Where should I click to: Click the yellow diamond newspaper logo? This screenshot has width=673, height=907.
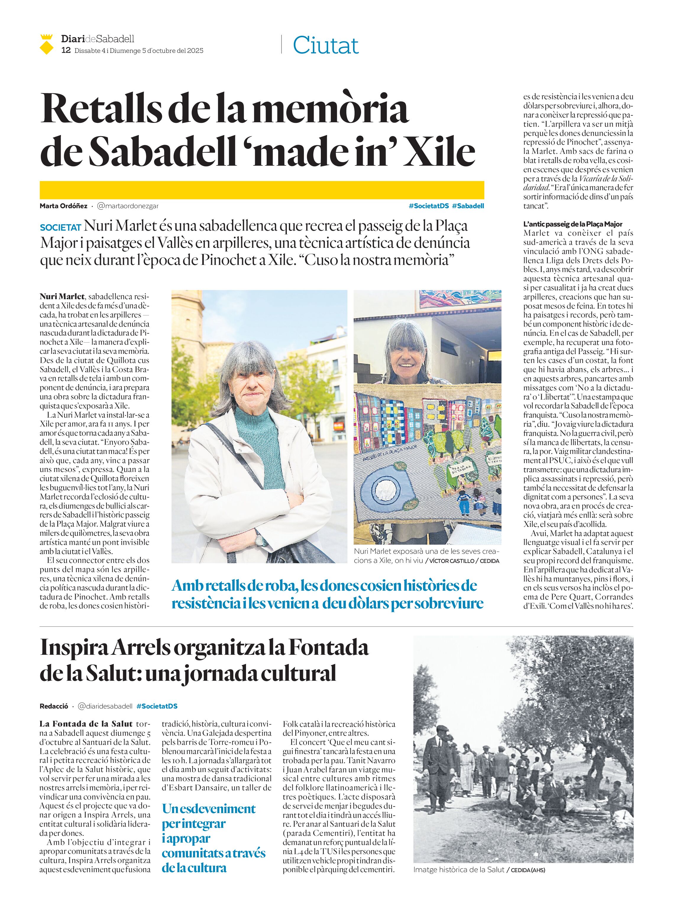point(47,45)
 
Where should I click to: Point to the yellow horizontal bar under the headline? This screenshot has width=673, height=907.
point(262,190)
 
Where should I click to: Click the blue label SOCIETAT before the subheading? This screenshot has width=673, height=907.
point(61,227)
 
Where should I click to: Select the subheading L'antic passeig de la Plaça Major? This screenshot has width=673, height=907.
point(573,224)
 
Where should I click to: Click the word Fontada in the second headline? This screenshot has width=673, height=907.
point(328,648)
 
